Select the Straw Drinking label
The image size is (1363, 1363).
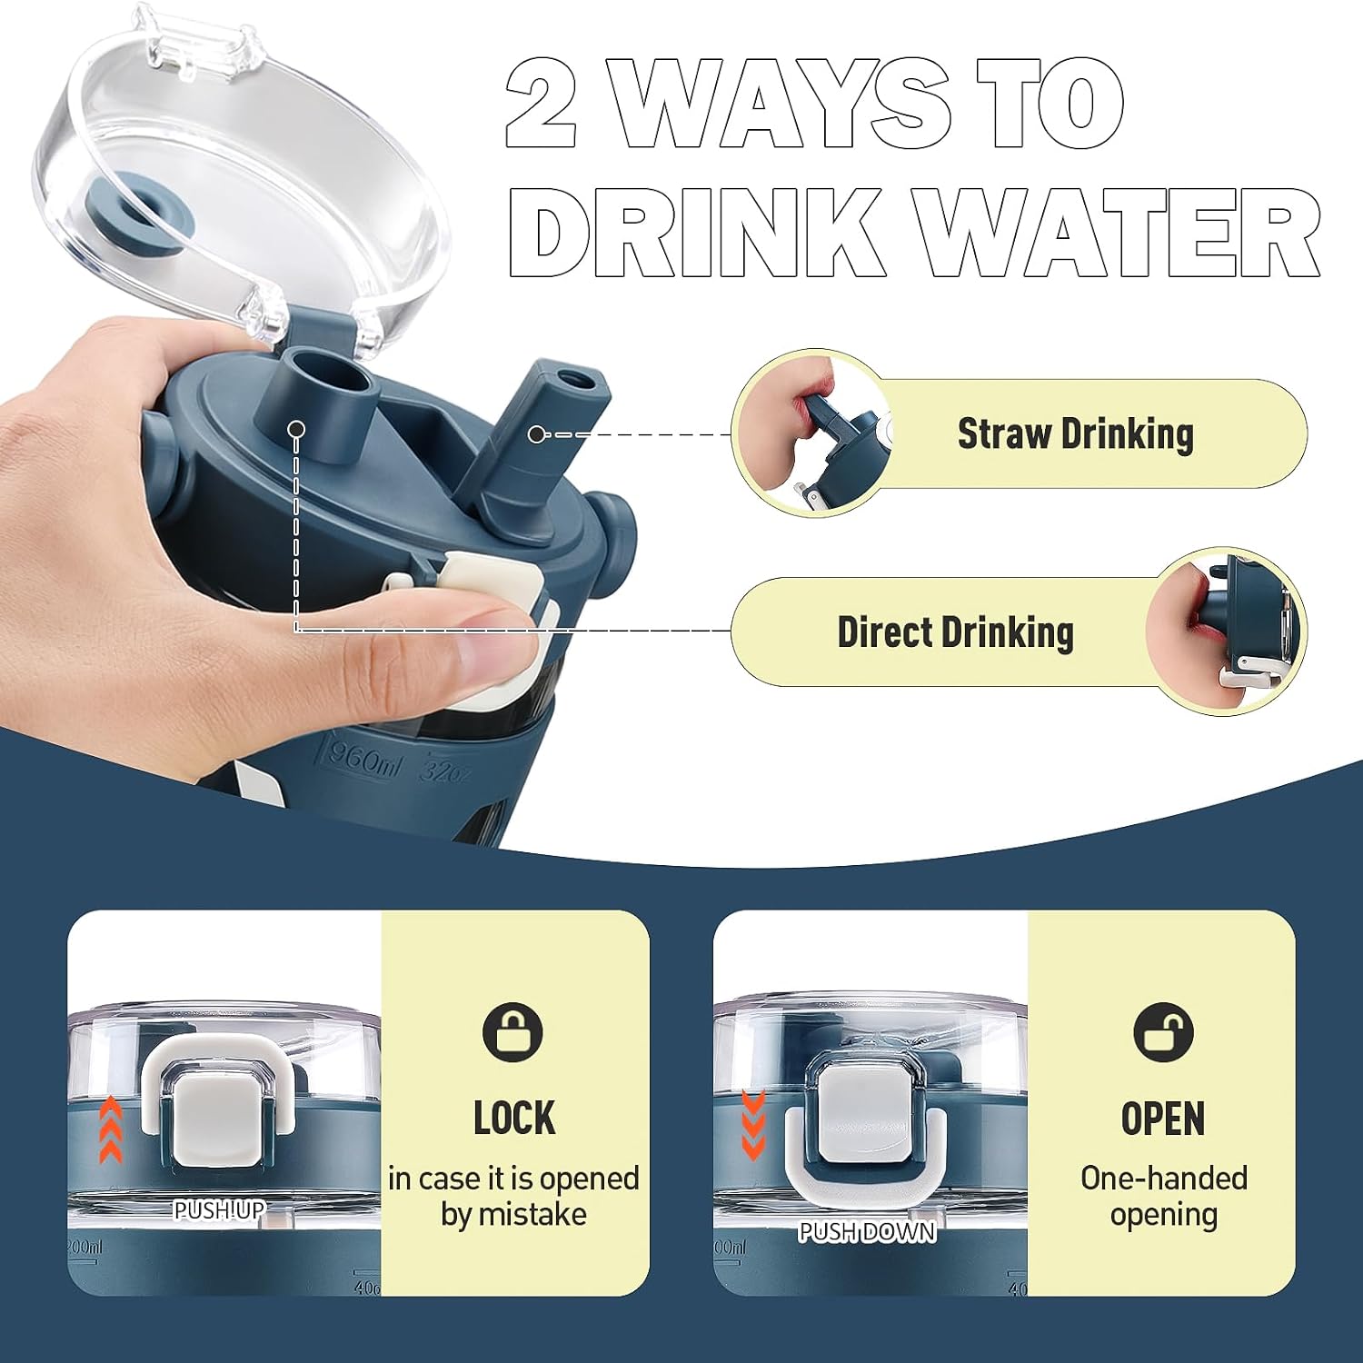[1075, 433]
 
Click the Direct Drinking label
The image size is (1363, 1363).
[955, 632]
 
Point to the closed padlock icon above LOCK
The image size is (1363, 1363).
[512, 1032]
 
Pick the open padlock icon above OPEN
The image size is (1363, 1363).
[1163, 1032]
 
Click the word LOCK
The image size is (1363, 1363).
[514, 1118]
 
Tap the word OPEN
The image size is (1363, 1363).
[1163, 1118]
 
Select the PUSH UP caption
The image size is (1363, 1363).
[219, 1210]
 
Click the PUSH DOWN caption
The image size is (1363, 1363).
[867, 1232]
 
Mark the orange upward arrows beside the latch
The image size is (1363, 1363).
[110, 1129]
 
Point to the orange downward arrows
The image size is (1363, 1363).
[753, 1125]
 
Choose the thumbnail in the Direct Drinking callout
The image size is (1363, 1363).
[1226, 632]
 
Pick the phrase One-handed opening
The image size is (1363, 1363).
[1163, 1196]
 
